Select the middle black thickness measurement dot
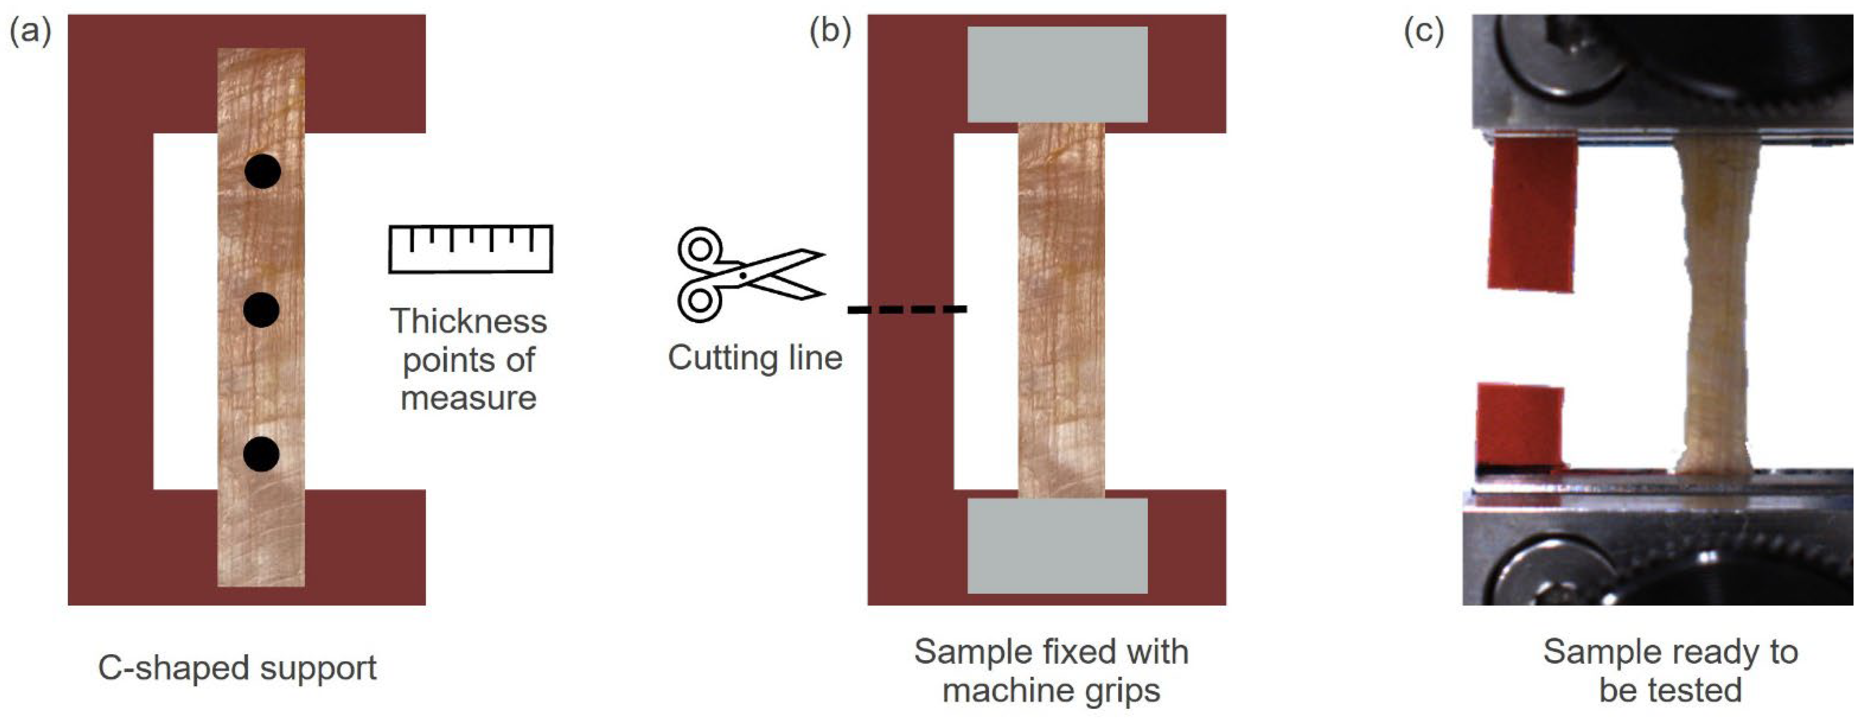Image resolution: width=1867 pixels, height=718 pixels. (x=261, y=310)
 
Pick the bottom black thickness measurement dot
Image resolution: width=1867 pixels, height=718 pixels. (x=261, y=454)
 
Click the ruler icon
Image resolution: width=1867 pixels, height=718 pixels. (x=470, y=249)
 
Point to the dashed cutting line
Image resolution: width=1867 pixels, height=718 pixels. (x=907, y=309)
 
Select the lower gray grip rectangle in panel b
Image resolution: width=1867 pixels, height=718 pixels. (x=1057, y=545)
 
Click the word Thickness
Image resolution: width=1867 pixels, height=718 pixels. (x=468, y=321)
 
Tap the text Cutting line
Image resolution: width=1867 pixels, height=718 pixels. (x=754, y=357)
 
